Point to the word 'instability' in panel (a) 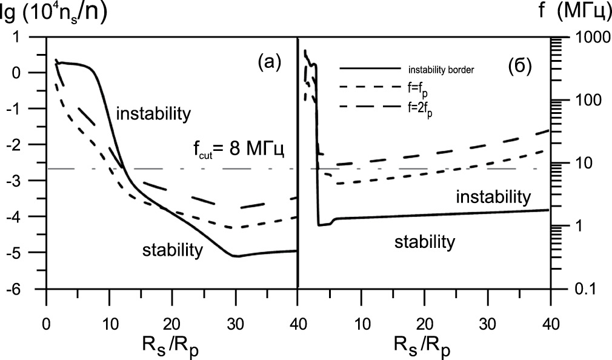153,113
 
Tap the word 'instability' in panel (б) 493,196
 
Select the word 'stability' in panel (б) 424,242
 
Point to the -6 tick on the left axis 30,289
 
